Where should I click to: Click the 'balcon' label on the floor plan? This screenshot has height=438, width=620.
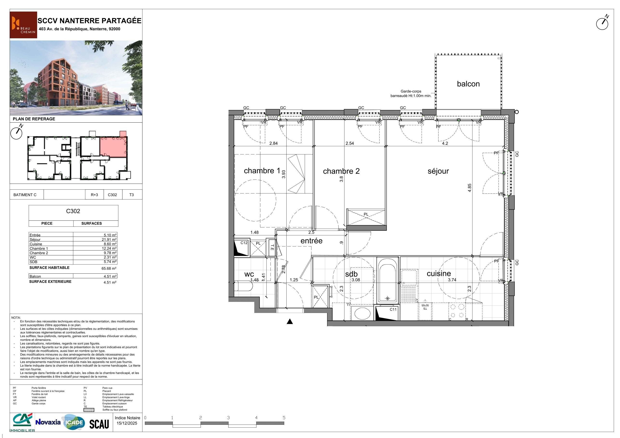point(468,84)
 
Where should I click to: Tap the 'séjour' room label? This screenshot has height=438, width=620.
point(438,171)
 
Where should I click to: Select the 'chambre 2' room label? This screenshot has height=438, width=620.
point(341,171)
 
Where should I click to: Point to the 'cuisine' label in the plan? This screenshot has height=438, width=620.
point(439,273)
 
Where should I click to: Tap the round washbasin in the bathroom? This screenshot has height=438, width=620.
point(362,314)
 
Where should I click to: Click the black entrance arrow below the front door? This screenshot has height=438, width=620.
point(290,321)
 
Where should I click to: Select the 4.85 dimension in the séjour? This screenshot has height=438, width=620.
point(470,188)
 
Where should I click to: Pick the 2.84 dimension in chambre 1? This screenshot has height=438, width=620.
point(274,143)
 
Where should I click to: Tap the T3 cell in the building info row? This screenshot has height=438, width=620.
point(132,195)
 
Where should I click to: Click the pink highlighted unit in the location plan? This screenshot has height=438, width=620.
point(113,146)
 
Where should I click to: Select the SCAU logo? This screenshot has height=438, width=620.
point(99,424)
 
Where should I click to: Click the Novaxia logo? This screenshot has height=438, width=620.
point(48,422)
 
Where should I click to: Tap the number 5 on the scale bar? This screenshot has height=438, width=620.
point(284,418)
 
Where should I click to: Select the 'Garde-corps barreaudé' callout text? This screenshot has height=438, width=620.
point(411,94)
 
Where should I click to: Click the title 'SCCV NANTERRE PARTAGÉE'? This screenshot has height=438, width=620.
point(89,21)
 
